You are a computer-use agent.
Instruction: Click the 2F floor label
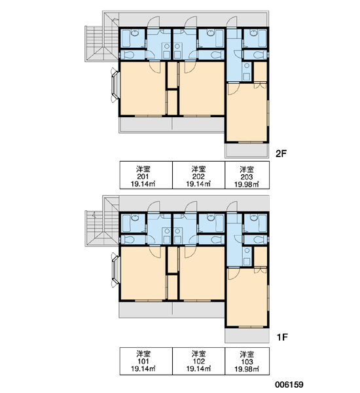[281, 153]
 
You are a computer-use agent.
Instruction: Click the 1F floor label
[282, 337]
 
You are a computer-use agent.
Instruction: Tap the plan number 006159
[289, 384]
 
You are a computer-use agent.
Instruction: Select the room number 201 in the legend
[143, 176]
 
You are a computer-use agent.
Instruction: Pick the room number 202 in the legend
[198, 176]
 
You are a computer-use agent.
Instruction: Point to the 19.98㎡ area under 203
[247, 185]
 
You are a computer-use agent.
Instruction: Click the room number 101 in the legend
[143, 362]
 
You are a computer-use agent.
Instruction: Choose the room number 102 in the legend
[199, 362]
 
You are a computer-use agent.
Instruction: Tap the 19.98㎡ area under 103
[247, 369]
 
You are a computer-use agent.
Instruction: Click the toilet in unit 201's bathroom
[129, 55]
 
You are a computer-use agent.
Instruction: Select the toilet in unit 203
[259, 54]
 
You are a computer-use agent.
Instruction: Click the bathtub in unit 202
[219, 39]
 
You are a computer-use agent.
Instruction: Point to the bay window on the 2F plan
[115, 85]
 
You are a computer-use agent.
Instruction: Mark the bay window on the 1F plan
[115, 270]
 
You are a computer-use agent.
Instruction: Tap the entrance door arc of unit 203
[232, 22]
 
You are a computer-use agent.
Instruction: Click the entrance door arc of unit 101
[153, 207]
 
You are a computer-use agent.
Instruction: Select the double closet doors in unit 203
[261, 85]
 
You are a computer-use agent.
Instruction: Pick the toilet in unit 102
[215, 240]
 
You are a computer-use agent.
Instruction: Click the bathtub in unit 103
[262, 223]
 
